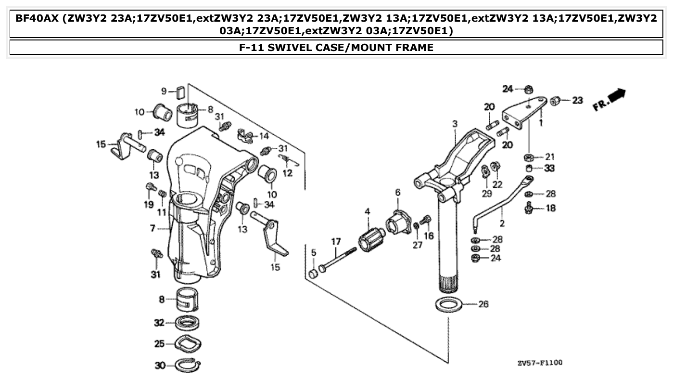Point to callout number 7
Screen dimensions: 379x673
click(152, 228)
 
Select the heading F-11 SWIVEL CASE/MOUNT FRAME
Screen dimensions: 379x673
click(336, 48)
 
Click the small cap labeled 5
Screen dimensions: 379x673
click(313, 274)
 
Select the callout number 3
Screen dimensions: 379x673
click(455, 124)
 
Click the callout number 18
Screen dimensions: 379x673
click(550, 209)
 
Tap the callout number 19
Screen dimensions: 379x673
click(148, 204)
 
